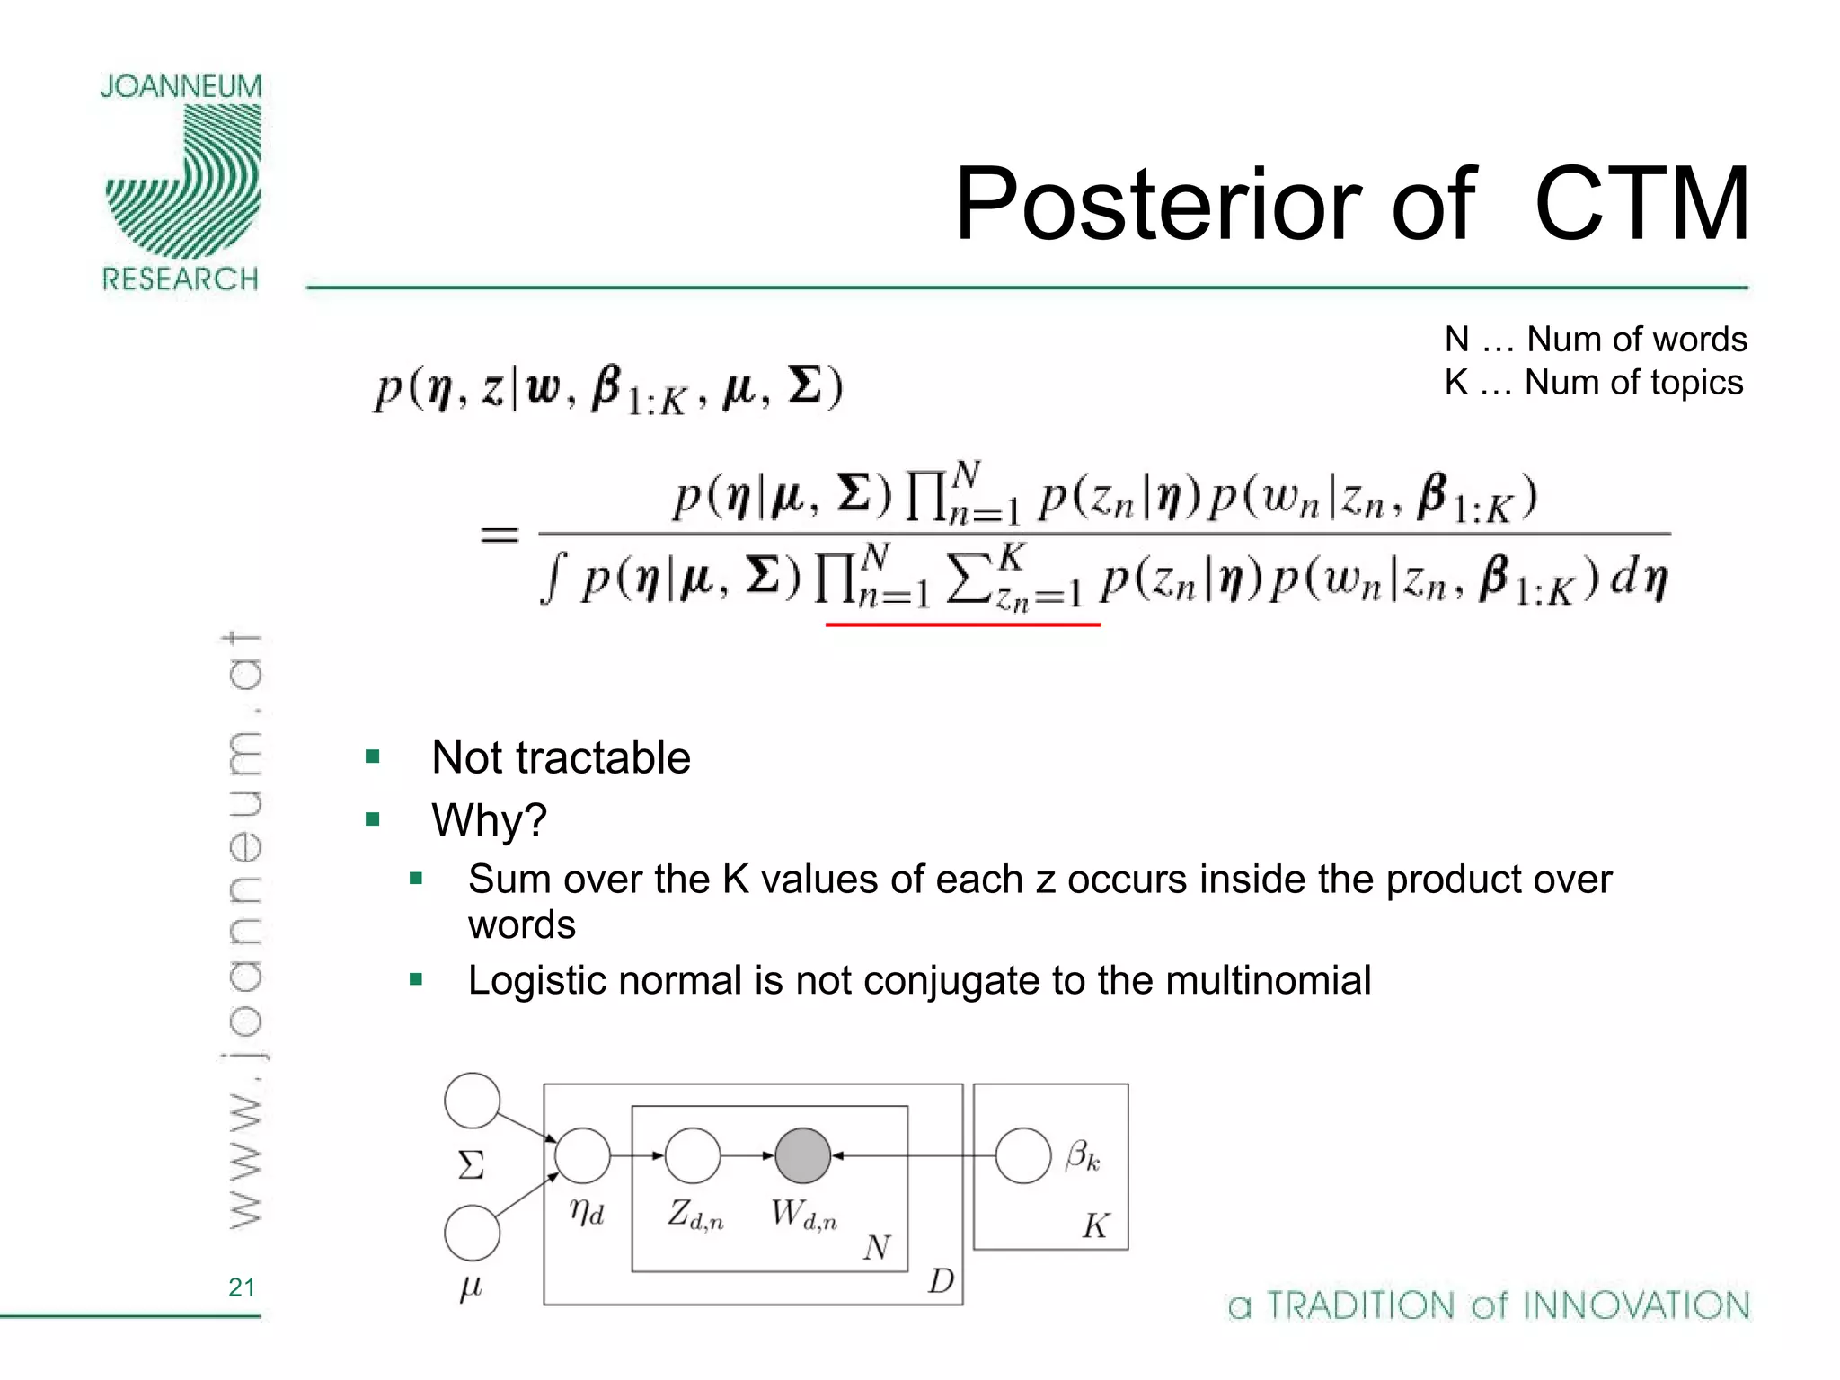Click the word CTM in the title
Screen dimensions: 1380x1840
pyautogui.click(x=1641, y=205)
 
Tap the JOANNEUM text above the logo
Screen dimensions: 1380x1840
pyautogui.click(x=181, y=86)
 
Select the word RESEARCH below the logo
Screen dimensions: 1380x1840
pyautogui.click(x=181, y=279)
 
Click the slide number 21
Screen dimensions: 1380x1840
pyautogui.click(x=242, y=1287)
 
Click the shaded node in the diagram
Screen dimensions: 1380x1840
pyautogui.click(x=802, y=1155)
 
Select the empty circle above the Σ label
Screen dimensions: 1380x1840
pyautogui.click(x=473, y=1100)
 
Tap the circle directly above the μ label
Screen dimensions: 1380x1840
pyautogui.click(x=473, y=1233)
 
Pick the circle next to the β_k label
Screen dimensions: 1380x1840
pyautogui.click(x=1023, y=1155)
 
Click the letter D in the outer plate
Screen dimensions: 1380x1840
pyautogui.click(x=941, y=1280)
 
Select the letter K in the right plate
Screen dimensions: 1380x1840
pyautogui.click(x=1095, y=1225)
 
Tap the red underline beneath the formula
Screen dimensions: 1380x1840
pyautogui.click(x=962, y=624)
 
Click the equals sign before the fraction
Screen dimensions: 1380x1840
pyautogui.click(x=500, y=535)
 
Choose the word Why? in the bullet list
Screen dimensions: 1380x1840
pyautogui.click(x=489, y=819)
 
